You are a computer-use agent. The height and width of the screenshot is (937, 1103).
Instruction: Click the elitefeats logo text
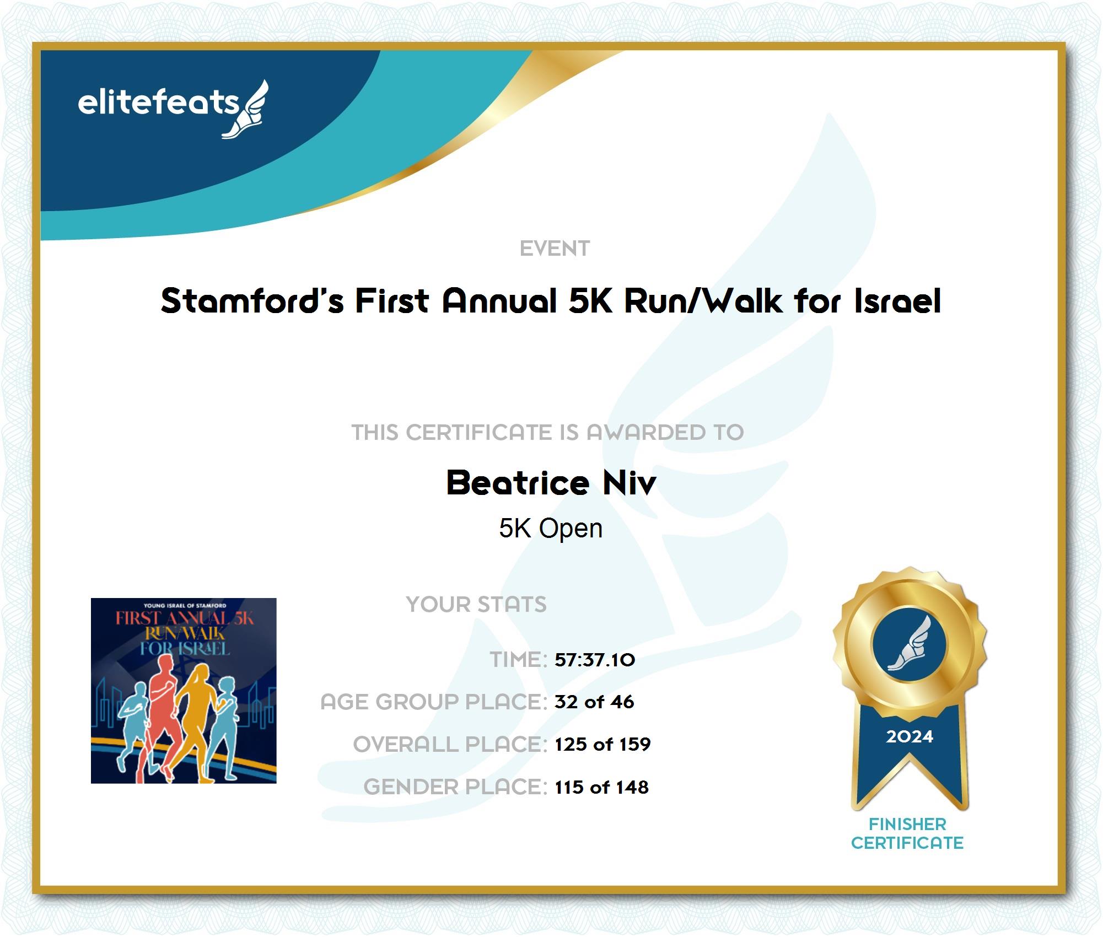pyautogui.click(x=158, y=103)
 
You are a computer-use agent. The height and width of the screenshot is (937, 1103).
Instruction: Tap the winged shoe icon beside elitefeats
pyautogui.click(x=245, y=109)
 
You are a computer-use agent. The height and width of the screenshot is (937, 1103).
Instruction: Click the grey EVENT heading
pyautogui.click(x=555, y=249)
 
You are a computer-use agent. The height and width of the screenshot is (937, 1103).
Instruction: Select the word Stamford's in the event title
pyautogui.click(x=252, y=301)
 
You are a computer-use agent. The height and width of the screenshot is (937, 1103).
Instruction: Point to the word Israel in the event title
pyautogui.click(x=897, y=301)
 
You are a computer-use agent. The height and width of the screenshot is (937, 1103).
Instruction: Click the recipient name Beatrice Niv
pyautogui.click(x=551, y=483)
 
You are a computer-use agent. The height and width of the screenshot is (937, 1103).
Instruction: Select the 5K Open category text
pyautogui.click(x=551, y=528)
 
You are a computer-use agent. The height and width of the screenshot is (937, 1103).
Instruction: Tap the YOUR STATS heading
pyautogui.click(x=476, y=605)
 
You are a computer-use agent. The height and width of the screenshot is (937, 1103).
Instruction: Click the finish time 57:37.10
pyautogui.click(x=595, y=660)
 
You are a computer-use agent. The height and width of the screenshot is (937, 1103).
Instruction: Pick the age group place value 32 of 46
pyautogui.click(x=594, y=702)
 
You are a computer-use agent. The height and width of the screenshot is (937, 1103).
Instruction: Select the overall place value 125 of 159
pyautogui.click(x=602, y=745)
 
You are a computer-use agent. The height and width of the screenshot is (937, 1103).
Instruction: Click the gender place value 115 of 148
pyautogui.click(x=601, y=787)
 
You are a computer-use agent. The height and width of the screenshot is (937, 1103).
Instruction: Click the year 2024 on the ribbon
pyautogui.click(x=910, y=736)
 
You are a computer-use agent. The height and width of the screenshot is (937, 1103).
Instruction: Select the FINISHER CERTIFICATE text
pyautogui.click(x=907, y=834)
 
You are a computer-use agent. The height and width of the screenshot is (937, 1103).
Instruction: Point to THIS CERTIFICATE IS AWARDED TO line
pyautogui.click(x=547, y=433)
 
